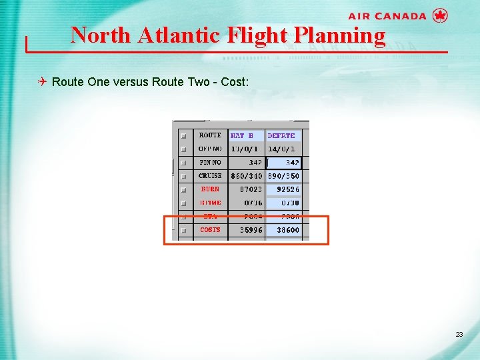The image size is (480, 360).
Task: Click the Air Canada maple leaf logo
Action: click(440, 15)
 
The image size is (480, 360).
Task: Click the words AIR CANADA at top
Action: click(387, 16)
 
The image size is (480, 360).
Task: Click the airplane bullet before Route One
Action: click(43, 82)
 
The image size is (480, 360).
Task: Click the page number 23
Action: click(459, 334)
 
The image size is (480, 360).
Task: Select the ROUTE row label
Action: click(210, 135)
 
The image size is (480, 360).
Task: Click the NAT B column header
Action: click(242, 135)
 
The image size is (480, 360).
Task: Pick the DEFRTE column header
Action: click(281, 135)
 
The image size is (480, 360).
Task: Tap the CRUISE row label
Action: click(210, 176)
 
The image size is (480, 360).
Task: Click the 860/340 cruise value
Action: click(246, 176)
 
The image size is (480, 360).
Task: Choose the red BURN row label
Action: click(210, 189)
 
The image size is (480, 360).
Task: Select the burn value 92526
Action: click(288, 189)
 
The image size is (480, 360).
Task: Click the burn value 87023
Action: click(251, 189)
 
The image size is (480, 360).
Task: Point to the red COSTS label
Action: click(210, 230)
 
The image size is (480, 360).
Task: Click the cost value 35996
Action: click(251, 230)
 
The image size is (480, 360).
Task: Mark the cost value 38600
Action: click(288, 230)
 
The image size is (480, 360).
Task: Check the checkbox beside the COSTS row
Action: click(183, 231)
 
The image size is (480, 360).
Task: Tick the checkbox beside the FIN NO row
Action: click(183, 163)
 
